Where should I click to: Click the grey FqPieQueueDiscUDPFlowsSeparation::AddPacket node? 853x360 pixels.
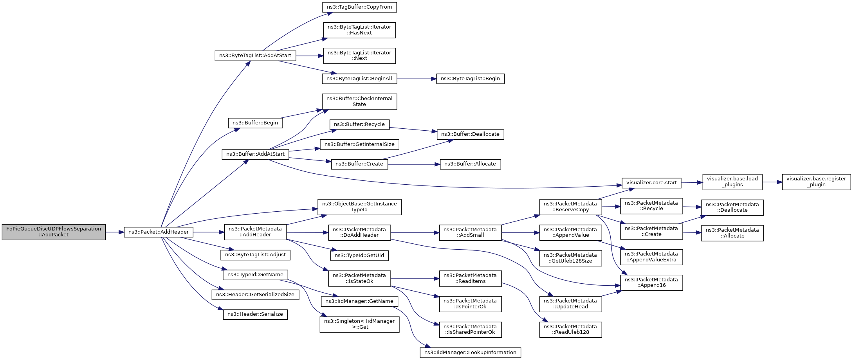tap(54, 232)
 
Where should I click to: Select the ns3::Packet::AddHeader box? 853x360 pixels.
tap(159, 232)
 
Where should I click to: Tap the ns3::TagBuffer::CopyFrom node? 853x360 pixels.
tap(359, 7)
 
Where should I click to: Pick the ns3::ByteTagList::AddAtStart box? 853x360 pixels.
tap(255, 56)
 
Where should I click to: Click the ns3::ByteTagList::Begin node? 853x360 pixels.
tap(470, 79)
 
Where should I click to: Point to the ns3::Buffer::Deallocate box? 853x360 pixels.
tap(470, 134)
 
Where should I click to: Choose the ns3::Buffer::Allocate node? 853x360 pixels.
tap(470, 164)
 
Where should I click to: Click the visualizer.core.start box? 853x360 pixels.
tap(651, 183)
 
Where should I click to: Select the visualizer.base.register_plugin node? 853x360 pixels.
tap(816, 182)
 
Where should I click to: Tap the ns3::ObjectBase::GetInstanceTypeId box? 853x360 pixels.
tap(359, 207)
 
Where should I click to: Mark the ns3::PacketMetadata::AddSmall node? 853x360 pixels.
tap(470, 232)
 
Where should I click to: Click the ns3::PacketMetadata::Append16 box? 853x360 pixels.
tap(651, 283)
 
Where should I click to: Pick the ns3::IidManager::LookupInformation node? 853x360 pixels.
tap(470, 353)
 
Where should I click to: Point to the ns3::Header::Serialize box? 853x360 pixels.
tap(255, 314)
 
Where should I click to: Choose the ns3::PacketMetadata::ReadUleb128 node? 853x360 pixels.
tap(570, 329)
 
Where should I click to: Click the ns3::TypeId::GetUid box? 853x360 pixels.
tap(359, 256)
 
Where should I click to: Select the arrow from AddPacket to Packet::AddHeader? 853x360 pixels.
tap(115, 232)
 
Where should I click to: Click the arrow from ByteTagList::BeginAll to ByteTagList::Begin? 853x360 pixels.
tap(417, 79)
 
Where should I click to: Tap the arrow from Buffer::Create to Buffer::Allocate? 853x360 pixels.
tap(414, 164)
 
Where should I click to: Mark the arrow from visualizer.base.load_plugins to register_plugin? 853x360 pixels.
tap(772, 182)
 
